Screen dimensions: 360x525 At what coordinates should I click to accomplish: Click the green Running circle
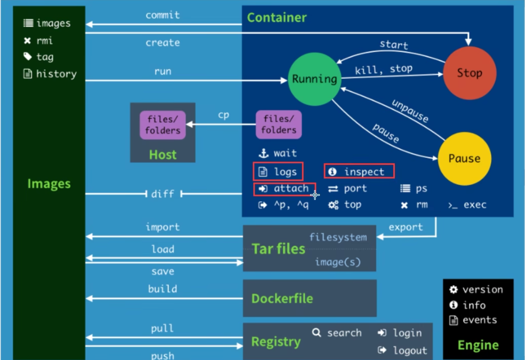314,79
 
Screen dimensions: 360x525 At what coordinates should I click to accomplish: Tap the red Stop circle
469,73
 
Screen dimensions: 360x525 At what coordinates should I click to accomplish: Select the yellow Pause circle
464,158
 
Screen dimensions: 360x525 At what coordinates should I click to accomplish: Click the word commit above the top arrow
162,15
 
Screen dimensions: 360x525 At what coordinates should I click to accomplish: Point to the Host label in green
163,155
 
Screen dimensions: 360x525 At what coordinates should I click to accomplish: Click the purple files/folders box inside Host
163,125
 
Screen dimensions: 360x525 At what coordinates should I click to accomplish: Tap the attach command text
291,188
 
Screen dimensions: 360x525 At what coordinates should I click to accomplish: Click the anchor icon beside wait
263,154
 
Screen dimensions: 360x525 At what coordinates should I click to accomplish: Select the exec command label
474,205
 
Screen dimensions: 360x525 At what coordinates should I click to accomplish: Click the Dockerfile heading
282,298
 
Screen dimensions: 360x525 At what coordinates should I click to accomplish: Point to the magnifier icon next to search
316,332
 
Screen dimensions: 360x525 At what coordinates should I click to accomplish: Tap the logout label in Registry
410,350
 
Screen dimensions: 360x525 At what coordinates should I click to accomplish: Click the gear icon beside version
453,290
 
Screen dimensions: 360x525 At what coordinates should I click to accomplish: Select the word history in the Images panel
56,74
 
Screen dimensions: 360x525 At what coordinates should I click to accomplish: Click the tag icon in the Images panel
28,57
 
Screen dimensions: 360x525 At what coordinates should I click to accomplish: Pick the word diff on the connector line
162,194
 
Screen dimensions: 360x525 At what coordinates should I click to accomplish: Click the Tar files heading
279,249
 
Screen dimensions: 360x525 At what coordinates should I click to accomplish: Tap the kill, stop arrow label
384,69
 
